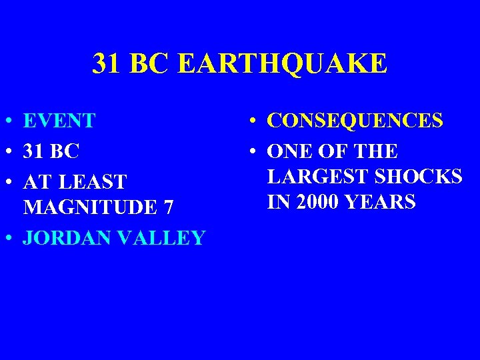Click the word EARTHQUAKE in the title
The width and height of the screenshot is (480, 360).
[x=283, y=64]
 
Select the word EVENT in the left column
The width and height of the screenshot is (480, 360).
[x=59, y=121]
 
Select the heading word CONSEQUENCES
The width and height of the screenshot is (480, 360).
[x=355, y=121]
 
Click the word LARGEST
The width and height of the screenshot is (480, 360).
[x=311, y=177]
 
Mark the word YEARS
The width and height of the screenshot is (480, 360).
[x=381, y=201]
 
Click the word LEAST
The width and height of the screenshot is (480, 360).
[x=91, y=181]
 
